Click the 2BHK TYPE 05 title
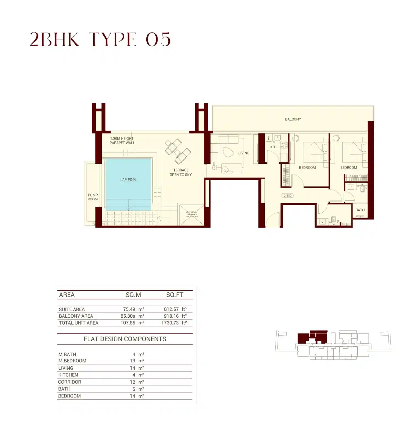coord(100,39)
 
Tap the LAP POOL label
coord(128,180)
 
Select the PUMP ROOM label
coord(93,197)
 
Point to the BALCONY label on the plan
coord(293,119)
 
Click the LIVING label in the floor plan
coord(244,153)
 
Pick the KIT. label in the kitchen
coord(273,147)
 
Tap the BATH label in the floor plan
coord(360,210)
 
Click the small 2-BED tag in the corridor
coord(288,196)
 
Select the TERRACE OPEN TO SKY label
coord(181,172)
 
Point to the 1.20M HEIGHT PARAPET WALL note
coord(122,141)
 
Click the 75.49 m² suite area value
coord(133,309)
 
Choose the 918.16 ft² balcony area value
coord(175,316)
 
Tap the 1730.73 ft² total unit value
coord(174,323)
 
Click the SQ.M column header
coord(133,295)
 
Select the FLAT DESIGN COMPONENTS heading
coord(125,339)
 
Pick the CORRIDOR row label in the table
coord(70,382)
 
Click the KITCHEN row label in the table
coord(68,375)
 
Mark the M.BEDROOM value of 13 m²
coord(137,361)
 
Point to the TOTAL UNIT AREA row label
coord(78,323)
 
